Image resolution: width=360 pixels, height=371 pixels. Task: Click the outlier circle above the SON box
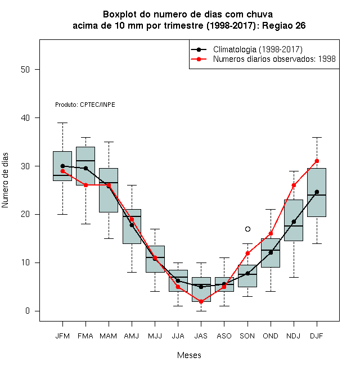coord(247,229)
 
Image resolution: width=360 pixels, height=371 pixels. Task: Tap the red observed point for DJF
coord(317,161)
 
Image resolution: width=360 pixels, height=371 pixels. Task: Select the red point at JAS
coord(201,301)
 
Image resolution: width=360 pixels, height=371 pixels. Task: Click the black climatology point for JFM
coord(62,166)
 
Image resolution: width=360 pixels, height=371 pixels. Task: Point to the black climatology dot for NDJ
coord(294,221)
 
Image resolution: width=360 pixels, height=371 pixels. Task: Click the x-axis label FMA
coord(85,336)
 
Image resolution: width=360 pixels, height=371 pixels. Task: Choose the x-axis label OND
coord(271,336)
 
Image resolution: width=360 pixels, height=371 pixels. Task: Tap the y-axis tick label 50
coord(25,70)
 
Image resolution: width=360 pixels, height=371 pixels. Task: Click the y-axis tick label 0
coord(28,311)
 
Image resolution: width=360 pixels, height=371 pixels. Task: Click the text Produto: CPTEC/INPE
coord(85,105)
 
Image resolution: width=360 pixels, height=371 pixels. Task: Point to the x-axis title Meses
coord(189,355)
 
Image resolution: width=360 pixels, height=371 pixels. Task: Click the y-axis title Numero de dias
coord(5,180)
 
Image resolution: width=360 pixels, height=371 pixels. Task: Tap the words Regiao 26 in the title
coord(283,25)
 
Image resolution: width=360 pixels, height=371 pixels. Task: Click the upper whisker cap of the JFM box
coord(62,123)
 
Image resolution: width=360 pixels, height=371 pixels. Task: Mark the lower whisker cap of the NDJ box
coord(294,277)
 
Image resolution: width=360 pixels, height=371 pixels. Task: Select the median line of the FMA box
coord(85,161)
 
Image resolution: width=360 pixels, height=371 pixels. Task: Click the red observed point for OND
coord(271,233)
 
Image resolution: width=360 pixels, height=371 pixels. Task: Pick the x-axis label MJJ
coord(155,336)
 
